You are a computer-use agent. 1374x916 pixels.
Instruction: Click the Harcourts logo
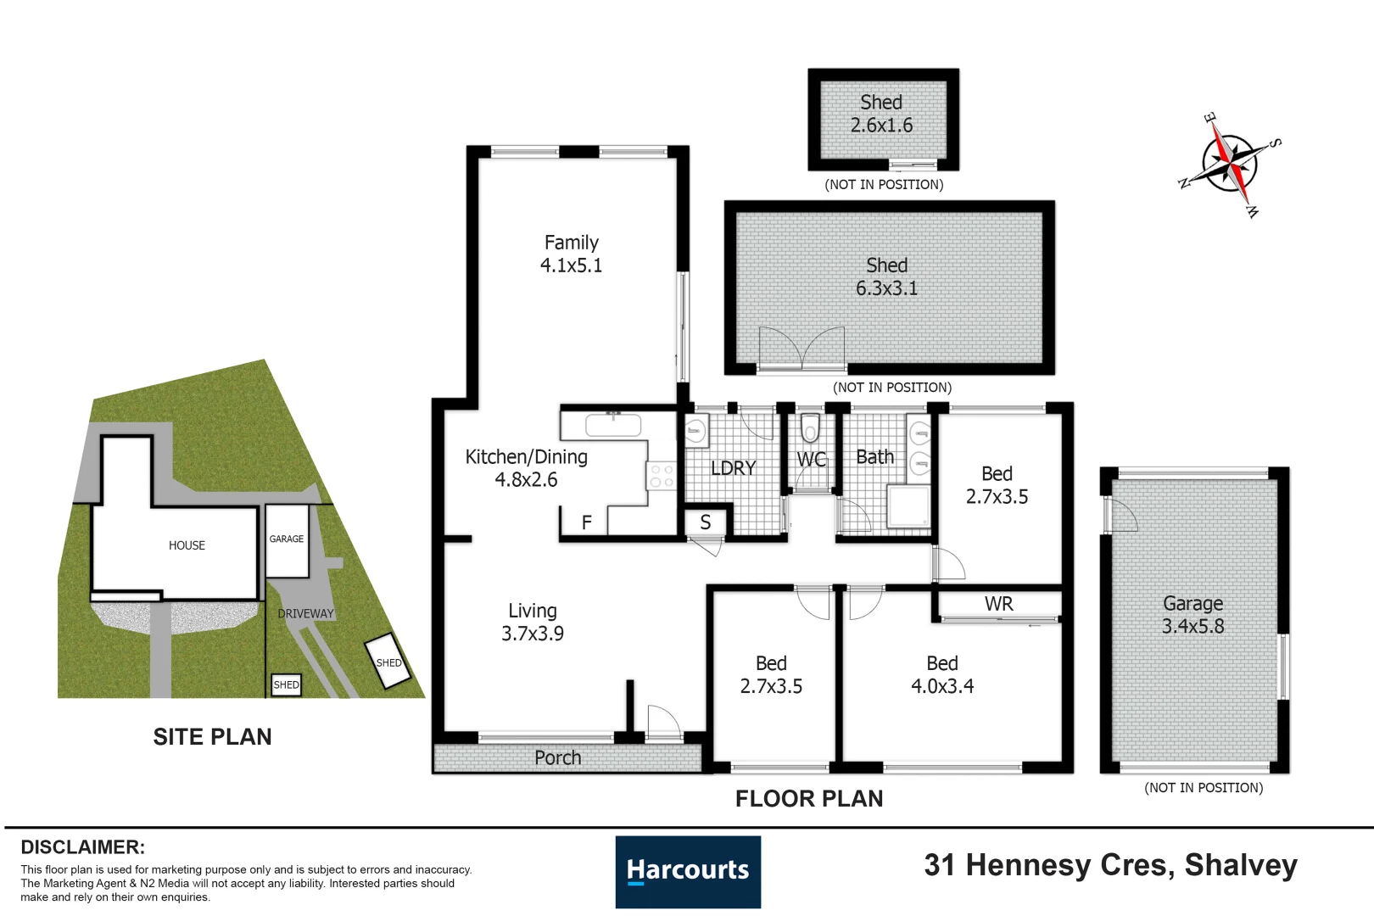(x=688, y=872)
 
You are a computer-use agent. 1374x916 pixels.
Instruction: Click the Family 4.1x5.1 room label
(x=571, y=254)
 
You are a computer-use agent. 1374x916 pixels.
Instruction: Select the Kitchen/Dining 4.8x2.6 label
(x=527, y=468)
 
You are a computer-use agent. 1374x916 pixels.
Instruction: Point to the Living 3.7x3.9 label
(x=533, y=622)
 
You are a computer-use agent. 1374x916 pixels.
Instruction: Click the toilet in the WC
(x=810, y=427)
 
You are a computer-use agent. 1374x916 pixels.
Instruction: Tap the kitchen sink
(x=613, y=425)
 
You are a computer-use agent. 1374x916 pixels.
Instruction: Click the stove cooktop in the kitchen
(x=662, y=476)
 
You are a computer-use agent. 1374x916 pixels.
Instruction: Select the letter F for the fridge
(x=586, y=522)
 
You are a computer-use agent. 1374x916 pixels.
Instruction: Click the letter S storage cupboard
(x=706, y=522)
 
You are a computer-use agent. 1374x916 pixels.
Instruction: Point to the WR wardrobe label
(x=999, y=605)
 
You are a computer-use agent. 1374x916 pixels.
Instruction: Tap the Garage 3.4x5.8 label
(x=1193, y=615)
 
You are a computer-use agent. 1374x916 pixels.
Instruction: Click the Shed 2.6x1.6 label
(x=881, y=114)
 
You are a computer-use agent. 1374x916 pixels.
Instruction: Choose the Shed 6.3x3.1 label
(x=887, y=276)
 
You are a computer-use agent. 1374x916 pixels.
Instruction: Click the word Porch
(x=557, y=758)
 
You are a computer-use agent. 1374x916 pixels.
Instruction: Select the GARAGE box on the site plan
(x=287, y=540)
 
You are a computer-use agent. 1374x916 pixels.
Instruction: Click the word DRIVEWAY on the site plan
(x=305, y=613)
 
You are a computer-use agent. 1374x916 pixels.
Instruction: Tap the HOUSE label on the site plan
(x=187, y=545)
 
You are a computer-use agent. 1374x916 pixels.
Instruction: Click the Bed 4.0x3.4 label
(x=942, y=674)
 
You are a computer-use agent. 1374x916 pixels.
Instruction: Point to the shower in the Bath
(x=908, y=506)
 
